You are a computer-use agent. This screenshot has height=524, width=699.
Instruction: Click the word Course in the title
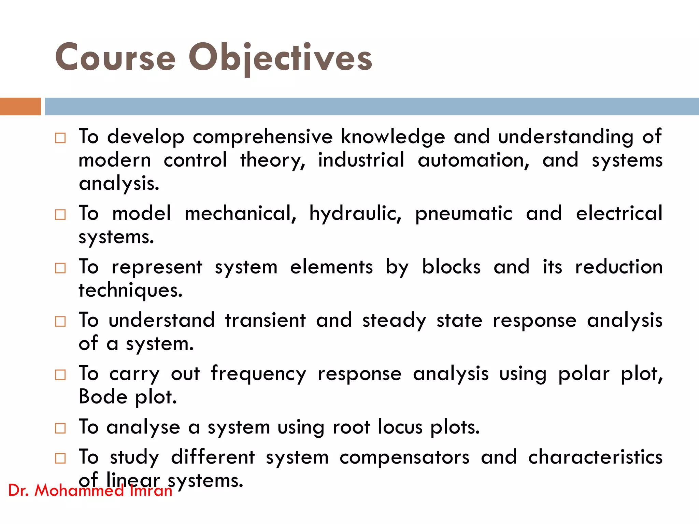pyautogui.click(x=115, y=58)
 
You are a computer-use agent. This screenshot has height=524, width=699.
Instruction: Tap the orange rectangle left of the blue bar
pyautogui.click(x=20, y=107)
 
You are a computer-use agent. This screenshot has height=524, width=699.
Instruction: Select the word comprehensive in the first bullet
pyautogui.click(x=262, y=137)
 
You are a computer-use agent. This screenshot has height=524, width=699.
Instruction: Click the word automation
pyautogui.click(x=473, y=160)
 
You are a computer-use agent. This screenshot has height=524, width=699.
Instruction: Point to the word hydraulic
pyautogui.click(x=355, y=214)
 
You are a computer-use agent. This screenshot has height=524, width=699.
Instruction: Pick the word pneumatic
pyautogui.click(x=463, y=214)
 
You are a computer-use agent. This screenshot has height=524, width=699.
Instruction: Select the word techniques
pyautogui.click(x=130, y=291)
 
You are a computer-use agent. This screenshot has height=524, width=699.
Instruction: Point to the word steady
pyautogui.click(x=394, y=321)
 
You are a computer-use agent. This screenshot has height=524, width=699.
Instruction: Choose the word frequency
pyautogui.click(x=258, y=374)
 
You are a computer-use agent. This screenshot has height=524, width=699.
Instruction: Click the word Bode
pyautogui.click(x=103, y=397)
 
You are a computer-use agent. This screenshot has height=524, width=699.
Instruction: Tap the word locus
pyautogui.click(x=400, y=427)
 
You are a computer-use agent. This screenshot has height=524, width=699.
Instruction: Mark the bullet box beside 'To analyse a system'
pyautogui.click(x=60, y=428)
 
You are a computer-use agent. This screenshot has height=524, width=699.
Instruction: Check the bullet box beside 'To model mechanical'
pyautogui.click(x=60, y=215)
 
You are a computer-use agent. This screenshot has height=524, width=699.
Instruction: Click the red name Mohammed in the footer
pyautogui.click(x=79, y=491)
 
